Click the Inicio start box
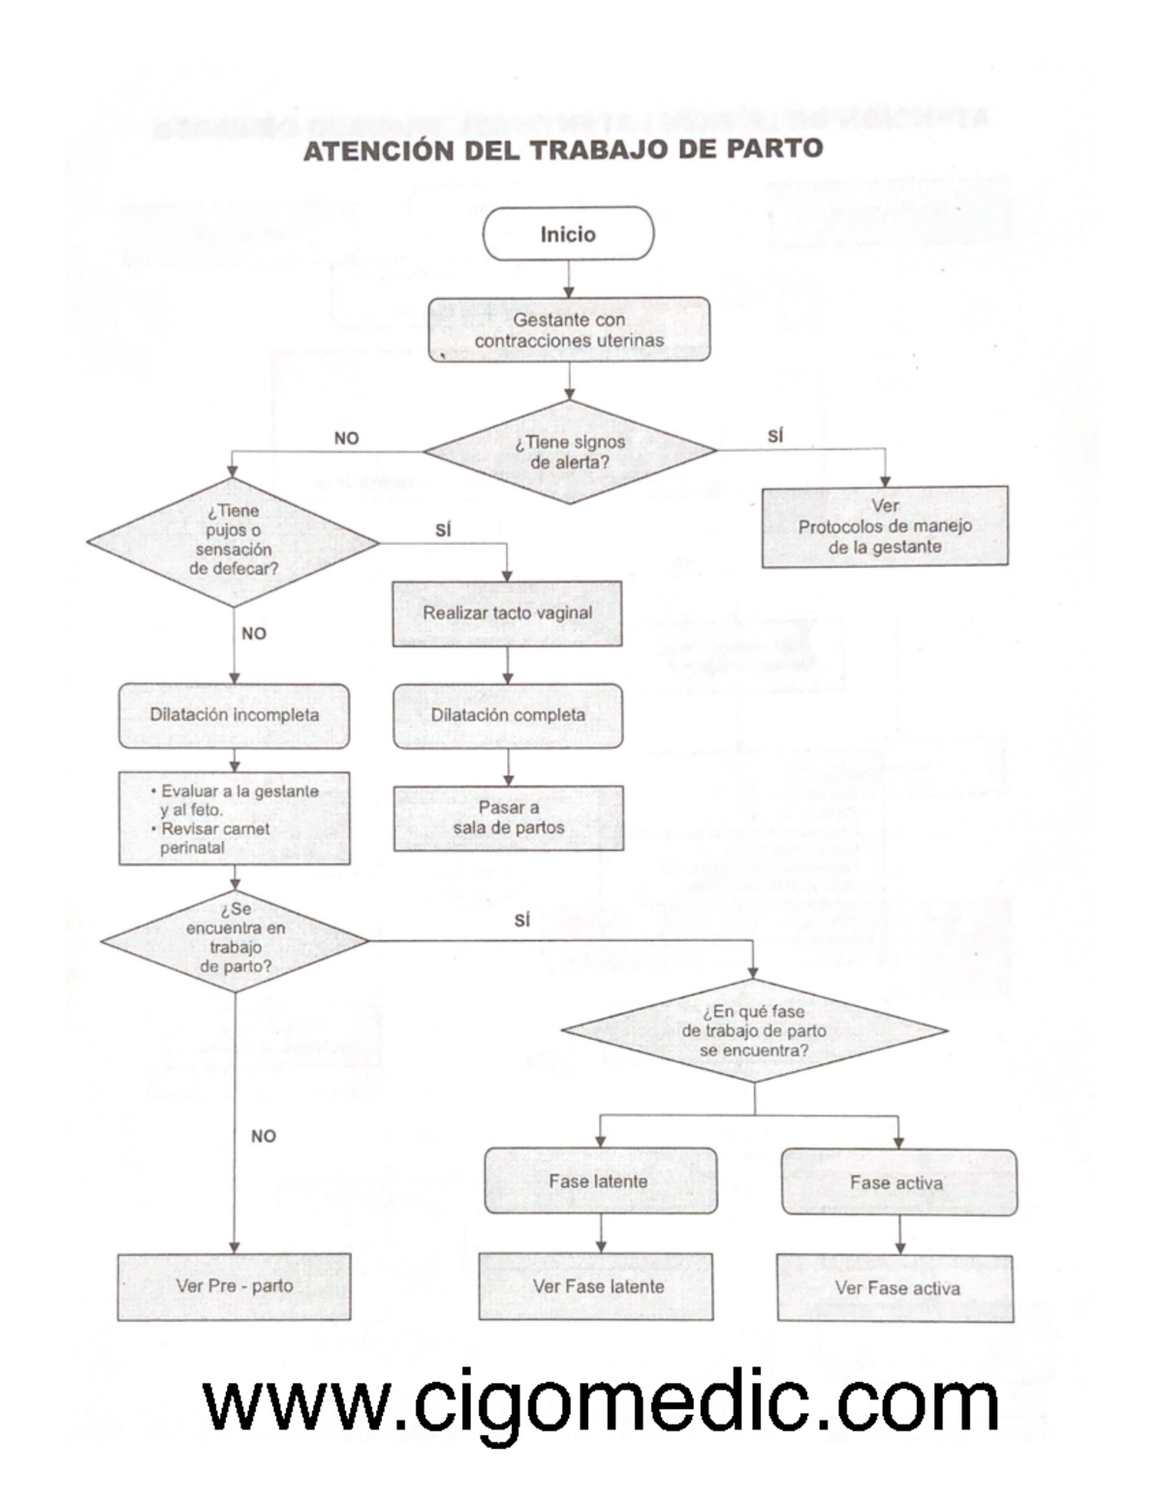568,234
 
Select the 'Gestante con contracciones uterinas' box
569,329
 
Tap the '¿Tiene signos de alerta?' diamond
570,452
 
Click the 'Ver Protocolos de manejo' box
885,526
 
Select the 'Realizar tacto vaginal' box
507,613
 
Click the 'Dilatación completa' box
508,716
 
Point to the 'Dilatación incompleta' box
234,715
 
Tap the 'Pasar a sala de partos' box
508,818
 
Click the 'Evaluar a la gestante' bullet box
234,818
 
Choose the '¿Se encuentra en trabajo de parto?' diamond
235,939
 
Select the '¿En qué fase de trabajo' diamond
754,1030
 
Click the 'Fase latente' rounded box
600,1181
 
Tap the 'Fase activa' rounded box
898,1182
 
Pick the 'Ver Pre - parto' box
234,1287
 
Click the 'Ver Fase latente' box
596,1287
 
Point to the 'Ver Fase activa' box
896,1288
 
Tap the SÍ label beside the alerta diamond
775,437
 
